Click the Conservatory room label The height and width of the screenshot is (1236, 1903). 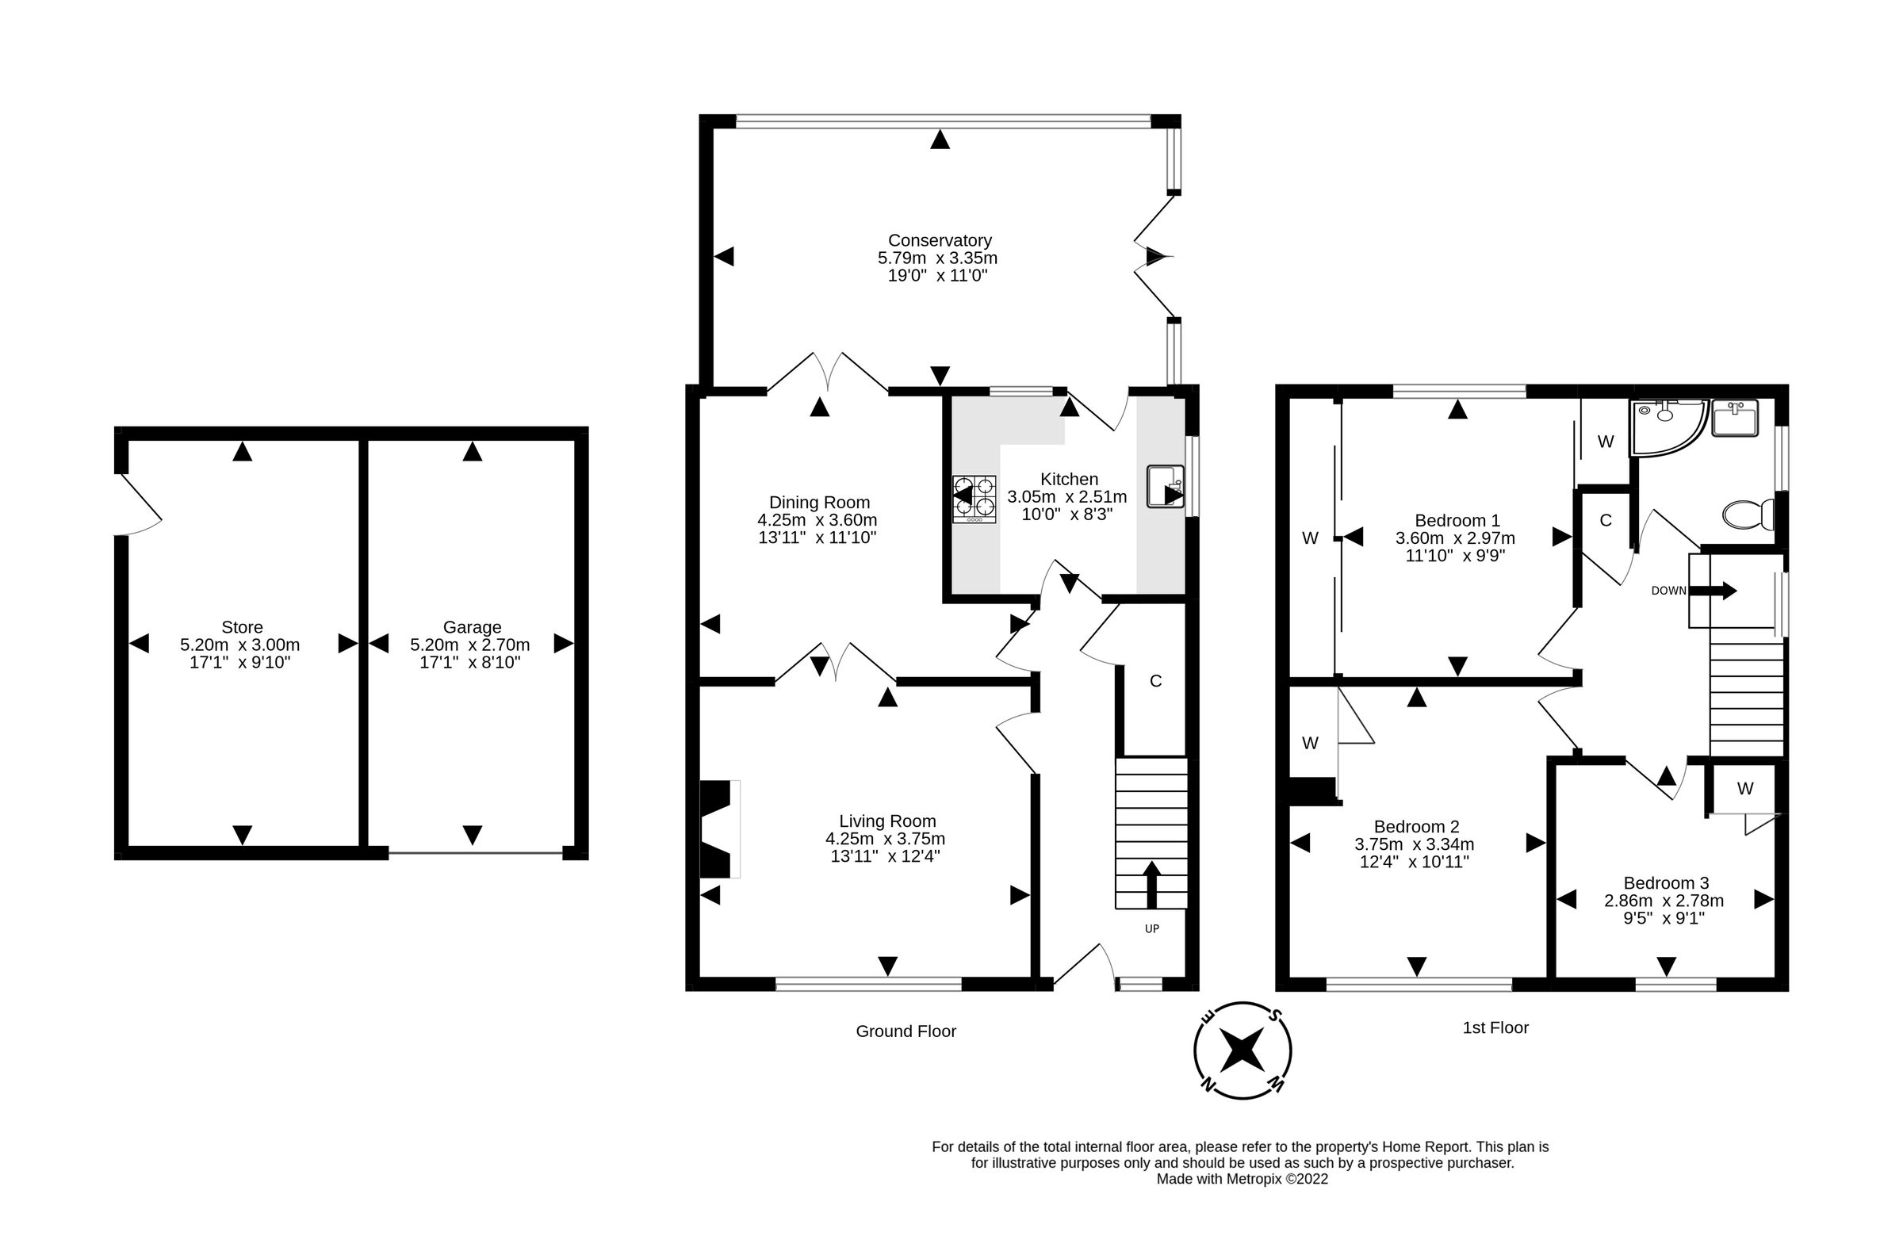[939, 241]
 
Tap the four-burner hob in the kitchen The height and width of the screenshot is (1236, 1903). [974, 499]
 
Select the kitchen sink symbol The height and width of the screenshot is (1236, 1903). [1165, 486]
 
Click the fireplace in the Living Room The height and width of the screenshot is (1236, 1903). [719, 829]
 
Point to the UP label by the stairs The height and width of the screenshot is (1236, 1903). [1151, 928]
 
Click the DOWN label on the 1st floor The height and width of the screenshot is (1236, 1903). [1669, 591]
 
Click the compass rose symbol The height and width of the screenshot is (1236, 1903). [1243, 1050]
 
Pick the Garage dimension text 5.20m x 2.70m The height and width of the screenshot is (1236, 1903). [469, 645]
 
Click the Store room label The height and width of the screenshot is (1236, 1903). [242, 627]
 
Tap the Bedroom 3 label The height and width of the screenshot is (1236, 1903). [1666, 882]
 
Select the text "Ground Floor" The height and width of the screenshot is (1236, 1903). [906, 1031]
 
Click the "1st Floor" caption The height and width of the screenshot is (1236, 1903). [1495, 1027]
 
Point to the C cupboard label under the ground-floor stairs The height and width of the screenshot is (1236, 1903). [1154, 680]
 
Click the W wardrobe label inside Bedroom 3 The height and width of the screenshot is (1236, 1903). [1744, 788]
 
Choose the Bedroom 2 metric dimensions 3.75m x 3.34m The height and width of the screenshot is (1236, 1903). [1414, 844]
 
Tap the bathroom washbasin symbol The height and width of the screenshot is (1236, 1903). [1734, 418]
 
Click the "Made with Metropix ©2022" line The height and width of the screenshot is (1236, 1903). [1242, 1178]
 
